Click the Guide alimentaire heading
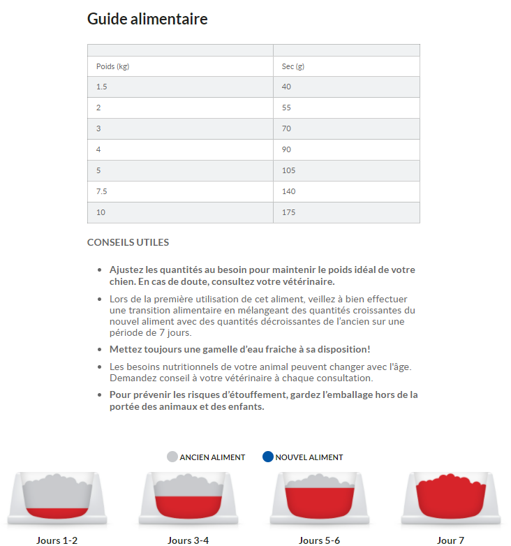tap(147, 19)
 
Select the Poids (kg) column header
tap(112, 66)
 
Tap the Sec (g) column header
tap(293, 66)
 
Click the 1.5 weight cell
tap(102, 87)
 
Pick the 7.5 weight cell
tap(102, 191)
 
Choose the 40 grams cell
tap(287, 87)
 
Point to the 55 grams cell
tap(287, 108)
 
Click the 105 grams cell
tap(289, 170)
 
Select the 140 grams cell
tap(289, 191)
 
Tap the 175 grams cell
tap(289, 212)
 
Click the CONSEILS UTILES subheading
tap(128, 243)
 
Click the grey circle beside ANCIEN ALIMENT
tap(172, 457)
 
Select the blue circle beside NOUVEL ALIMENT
tap(268, 457)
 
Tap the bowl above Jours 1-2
tap(57, 498)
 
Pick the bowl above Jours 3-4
tap(188, 498)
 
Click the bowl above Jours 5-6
tap(319, 498)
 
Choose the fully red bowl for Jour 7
tap(450, 498)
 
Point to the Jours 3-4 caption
tap(188, 540)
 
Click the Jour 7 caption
tap(450, 540)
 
